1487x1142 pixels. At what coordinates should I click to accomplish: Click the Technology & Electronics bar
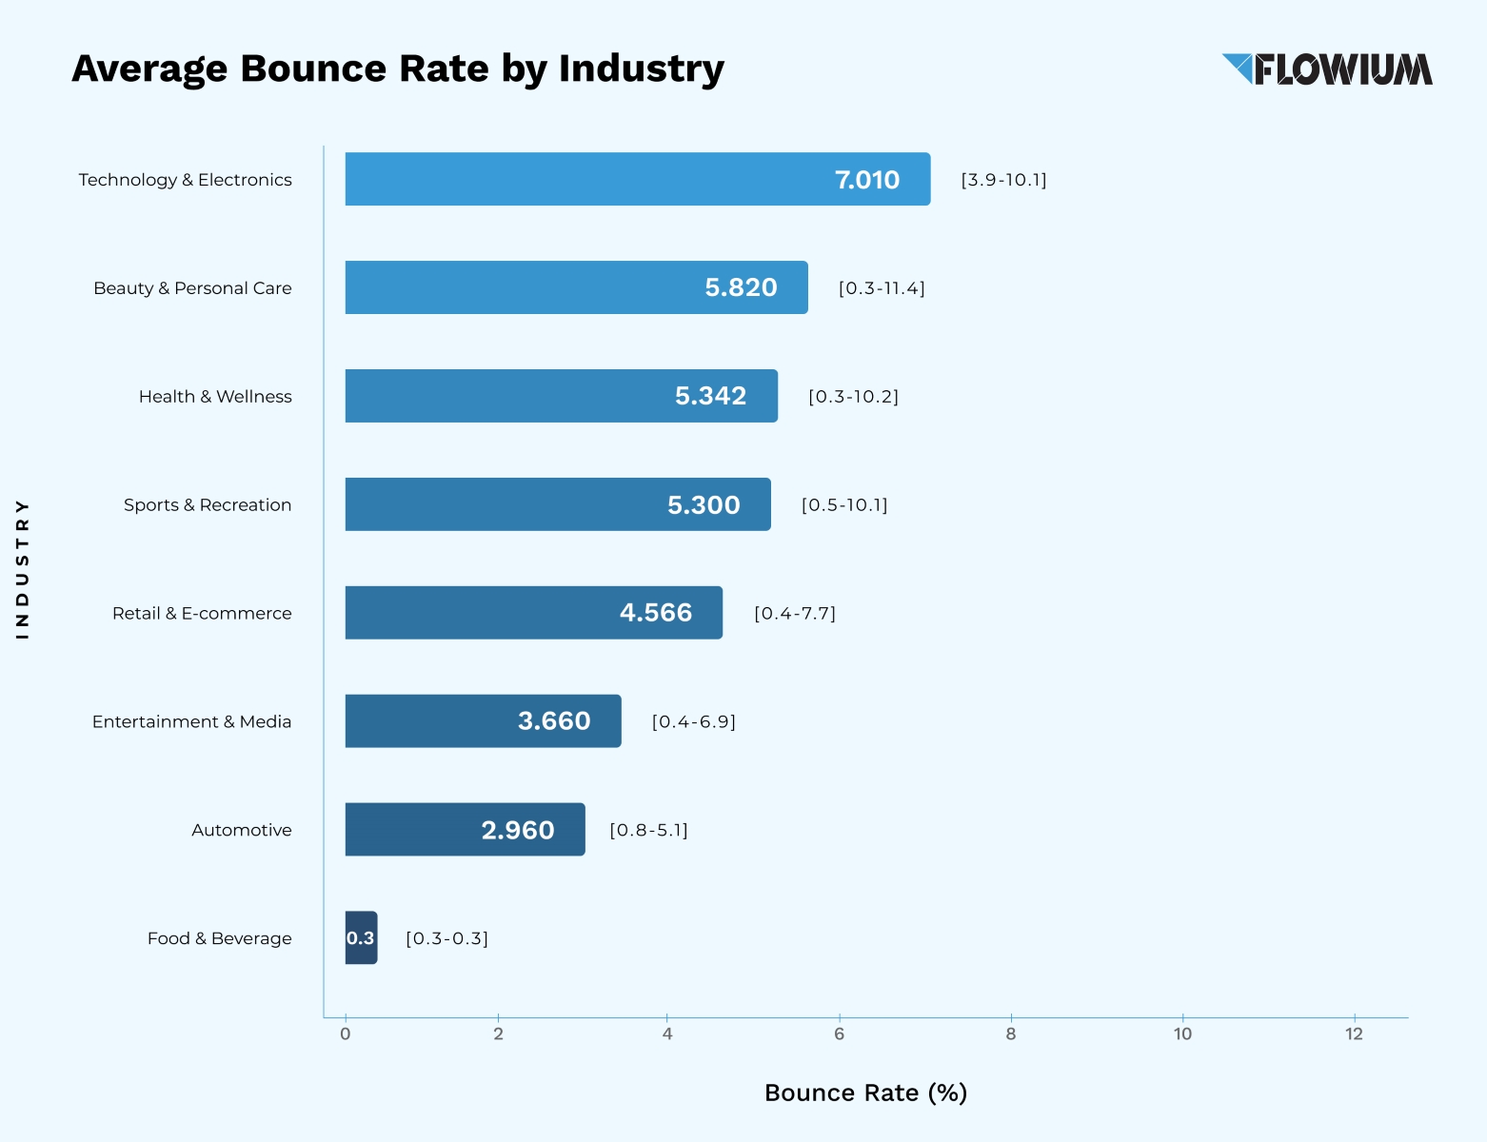coord(637,179)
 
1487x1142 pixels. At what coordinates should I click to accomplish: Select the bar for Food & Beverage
coord(361,937)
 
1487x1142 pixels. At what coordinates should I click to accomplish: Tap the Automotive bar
coord(465,829)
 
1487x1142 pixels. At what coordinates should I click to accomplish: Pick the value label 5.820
coord(741,287)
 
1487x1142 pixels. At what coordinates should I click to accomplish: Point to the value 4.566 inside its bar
coord(655,613)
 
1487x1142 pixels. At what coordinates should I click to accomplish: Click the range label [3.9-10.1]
coord(1003,180)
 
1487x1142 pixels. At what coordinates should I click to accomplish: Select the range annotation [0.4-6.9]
coord(693,721)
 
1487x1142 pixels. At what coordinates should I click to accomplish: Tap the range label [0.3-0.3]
coord(446,938)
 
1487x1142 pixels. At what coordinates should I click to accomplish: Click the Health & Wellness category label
coord(215,397)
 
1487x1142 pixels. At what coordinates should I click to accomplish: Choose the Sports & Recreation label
coord(208,505)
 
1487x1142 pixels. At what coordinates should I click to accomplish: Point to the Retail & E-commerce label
coord(202,614)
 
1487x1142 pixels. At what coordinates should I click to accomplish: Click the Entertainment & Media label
coord(191,722)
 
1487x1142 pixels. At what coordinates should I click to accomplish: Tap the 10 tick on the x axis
coord(1181,1034)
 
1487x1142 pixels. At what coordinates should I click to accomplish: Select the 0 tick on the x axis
coord(346,1034)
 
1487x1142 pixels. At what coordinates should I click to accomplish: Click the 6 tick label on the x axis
coord(839,1034)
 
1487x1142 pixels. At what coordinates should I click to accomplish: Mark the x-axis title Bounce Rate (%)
coord(865,1093)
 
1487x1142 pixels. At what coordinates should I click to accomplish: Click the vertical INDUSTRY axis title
coord(22,568)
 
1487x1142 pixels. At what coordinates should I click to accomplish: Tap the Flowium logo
coord(1327,69)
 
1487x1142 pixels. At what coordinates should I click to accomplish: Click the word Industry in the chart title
coord(641,69)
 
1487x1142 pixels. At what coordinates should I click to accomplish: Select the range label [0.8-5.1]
coord(648,830)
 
